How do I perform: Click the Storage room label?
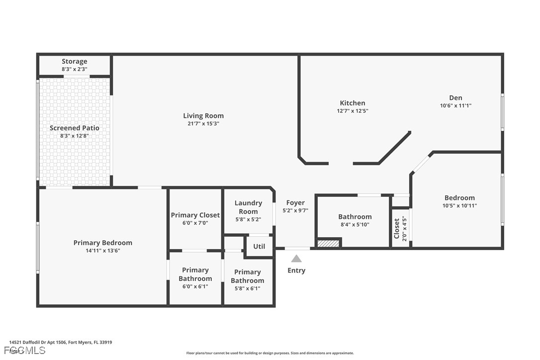coord(75,62)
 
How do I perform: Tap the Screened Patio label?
coord(75,128)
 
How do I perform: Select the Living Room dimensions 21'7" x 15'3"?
coord(203,124)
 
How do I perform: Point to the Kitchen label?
coord(353,103)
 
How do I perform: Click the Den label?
coord(455,98)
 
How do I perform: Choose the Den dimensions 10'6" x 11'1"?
coord(455,105)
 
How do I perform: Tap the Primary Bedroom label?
coord(103,243)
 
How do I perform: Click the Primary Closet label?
coord(195,215)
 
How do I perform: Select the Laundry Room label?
coord(248,207)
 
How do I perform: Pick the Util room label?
coord(259,246)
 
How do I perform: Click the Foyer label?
coord(295,203)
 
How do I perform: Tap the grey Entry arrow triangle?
coord(296,259)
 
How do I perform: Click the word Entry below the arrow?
coord(296,270)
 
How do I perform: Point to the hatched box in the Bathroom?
coord(328,243)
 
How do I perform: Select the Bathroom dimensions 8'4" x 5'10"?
coord(355,224)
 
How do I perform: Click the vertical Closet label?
coord(397,228)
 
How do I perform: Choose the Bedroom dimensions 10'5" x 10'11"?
coord(459,205)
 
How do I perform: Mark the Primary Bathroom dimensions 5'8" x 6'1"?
coord(248,288)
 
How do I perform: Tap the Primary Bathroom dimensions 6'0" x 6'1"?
coord(195,286)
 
